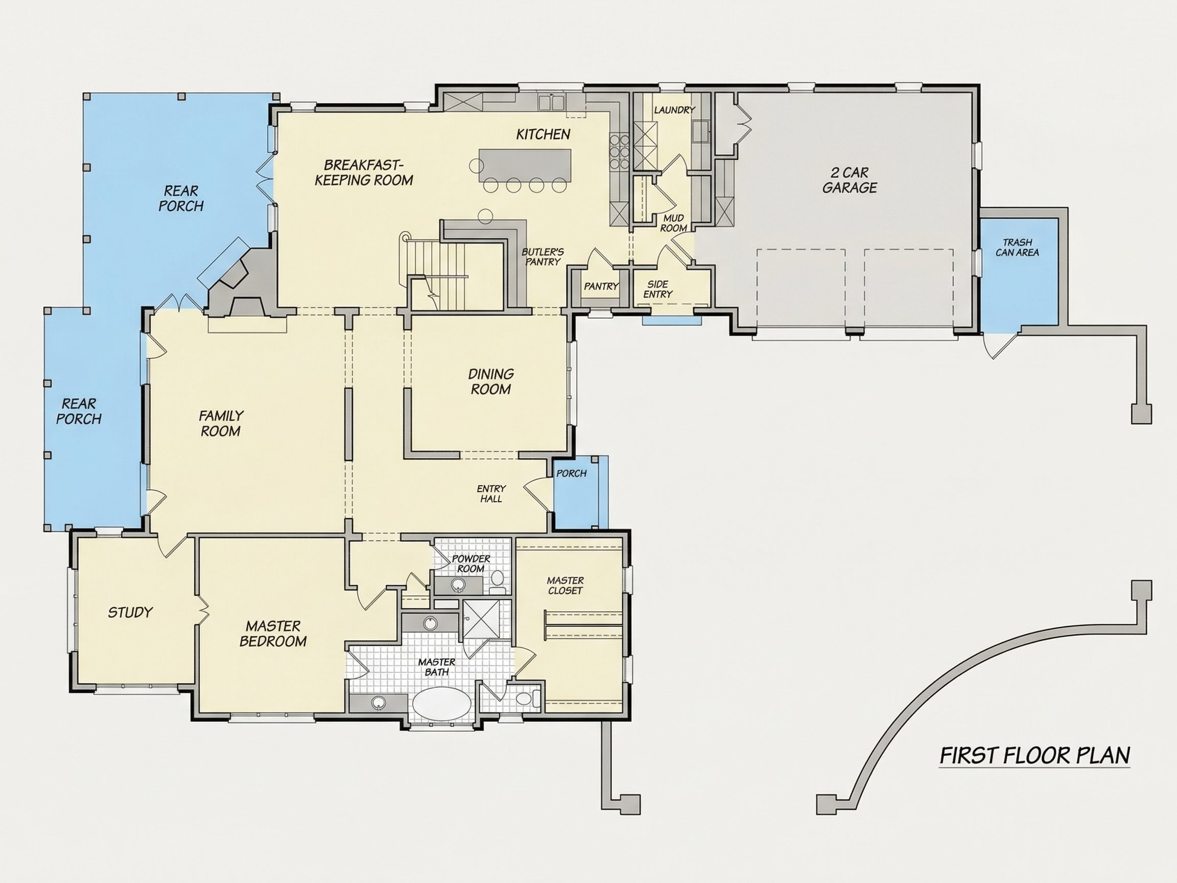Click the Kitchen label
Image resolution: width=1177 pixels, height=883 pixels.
[x=543, y=134]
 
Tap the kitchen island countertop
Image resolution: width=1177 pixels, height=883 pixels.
[x=525, y=166]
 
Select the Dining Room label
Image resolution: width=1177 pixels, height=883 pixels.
[x=490, y=382]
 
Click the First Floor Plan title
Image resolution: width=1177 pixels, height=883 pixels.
[x=1035, y=756]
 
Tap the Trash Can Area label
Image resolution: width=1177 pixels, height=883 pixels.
[x=1018, y=247]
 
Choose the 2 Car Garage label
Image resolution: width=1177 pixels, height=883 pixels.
[x=849, y=180]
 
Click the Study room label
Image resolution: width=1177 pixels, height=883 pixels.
[x=130, y=613]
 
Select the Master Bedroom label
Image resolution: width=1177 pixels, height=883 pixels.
[x=273, y=633]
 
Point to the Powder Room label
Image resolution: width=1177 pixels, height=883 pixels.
[x=471, y=564]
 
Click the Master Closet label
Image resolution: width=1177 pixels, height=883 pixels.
[x=565, y=586]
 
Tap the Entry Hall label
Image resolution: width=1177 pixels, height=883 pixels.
[x=491, y=494]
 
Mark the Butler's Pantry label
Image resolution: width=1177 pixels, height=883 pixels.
[x=543, y=257]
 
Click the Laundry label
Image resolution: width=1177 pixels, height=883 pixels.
[x=675, y=110]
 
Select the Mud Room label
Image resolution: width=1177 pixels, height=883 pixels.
[x=674, y=223]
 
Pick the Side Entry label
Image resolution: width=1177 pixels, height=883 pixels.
[x=658, y=289]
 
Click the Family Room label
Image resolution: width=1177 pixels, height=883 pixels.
[x=221, y=423]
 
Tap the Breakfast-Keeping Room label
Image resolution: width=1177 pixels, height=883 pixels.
[x=364, y=172]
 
